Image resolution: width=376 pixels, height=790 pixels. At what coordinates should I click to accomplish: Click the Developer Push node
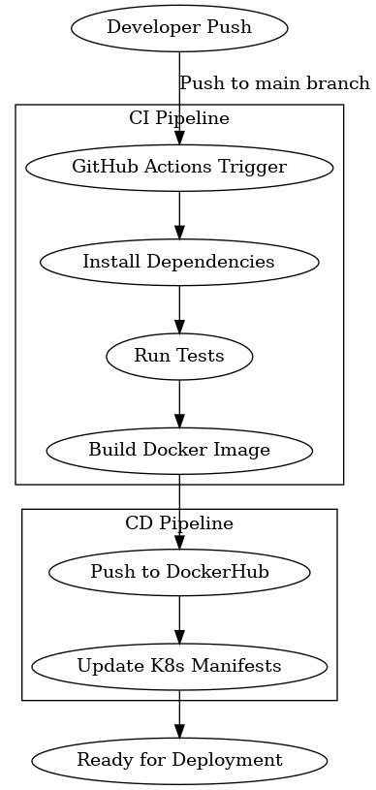pos(179,27)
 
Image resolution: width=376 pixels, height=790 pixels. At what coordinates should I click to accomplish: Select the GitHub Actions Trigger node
pos(179,167)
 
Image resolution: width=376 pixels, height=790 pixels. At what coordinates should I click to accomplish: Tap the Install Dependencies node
pos(179,262)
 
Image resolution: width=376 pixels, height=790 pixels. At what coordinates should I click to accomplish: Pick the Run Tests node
pos(179,356)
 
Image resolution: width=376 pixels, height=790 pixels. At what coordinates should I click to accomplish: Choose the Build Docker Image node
pos(179,450)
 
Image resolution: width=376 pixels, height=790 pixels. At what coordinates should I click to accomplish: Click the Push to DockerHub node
pos(179,572)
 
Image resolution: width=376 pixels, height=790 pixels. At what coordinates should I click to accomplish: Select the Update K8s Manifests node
pos(179,666)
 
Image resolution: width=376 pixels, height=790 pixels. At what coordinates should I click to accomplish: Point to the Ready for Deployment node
pos(179,760)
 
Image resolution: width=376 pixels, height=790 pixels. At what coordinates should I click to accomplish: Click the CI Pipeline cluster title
pos(179,119)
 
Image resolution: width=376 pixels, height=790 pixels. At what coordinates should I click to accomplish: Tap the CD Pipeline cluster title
pos(179,523)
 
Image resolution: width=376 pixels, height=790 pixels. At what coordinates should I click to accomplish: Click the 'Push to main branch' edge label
pos(275,83)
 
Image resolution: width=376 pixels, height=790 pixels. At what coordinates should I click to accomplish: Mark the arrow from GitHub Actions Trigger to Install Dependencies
pos(179,214)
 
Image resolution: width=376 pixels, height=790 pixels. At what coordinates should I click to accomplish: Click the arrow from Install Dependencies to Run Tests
pos(179,309)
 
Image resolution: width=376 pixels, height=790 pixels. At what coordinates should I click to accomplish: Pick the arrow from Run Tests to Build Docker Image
pos(179,403)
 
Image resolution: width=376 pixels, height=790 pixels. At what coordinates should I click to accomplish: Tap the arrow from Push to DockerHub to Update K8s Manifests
pos(179,619)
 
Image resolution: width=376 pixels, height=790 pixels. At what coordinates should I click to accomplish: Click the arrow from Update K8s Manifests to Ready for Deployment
pos(179,713)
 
